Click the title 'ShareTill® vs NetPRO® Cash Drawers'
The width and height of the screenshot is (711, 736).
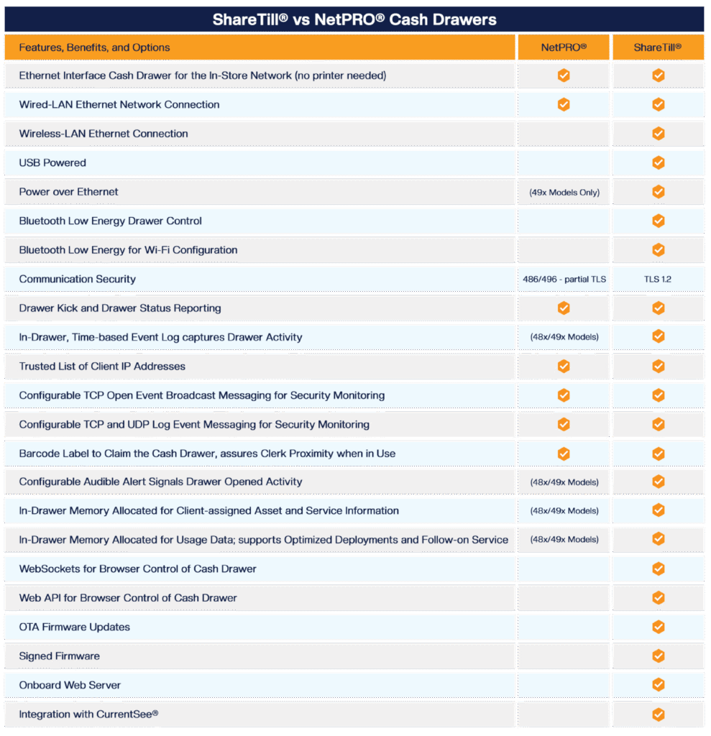(354, 19)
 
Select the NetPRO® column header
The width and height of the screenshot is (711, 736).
(564, 47)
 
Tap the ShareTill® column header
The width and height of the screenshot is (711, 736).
(658, 47)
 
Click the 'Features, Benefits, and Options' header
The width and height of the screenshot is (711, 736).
(94, 47)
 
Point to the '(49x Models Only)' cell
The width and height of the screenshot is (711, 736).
(564, 192)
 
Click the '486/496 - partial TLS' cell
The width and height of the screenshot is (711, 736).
(564, 279)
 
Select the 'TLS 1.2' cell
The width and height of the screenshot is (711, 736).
(658, 279)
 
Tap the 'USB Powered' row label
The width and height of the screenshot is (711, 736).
(52, 162)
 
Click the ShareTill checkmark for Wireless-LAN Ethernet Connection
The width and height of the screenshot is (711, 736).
(658, 134)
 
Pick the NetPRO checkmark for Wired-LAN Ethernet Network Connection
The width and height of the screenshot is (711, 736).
(564, 104)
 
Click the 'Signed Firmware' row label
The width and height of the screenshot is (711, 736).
(59, 656)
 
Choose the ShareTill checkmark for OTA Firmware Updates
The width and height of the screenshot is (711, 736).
(658, 627)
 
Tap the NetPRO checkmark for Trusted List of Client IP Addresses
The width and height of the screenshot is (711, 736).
(564, 366)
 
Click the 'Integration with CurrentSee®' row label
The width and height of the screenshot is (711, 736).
(88, 714)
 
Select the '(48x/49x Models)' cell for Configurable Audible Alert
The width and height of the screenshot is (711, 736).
(564, 482)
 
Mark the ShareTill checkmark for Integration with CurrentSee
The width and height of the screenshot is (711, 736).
(658, 714)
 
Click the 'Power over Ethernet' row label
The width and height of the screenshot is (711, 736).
(69, 192)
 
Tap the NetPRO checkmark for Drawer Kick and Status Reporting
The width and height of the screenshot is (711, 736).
(564, 308)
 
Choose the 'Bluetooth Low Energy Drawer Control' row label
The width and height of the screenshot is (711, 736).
(111, 221)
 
